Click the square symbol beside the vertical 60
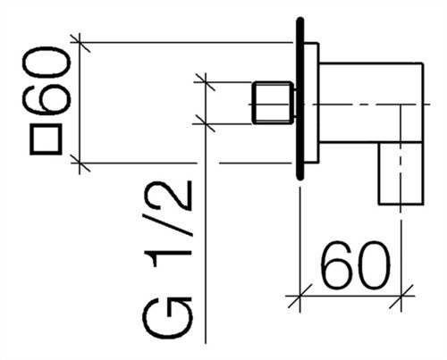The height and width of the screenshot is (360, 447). [x=46, y=139]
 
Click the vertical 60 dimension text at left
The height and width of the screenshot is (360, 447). [x=46, y=81]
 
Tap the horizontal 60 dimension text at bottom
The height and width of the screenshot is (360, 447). [x=356, y=265]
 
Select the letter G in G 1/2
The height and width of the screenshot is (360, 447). [x=167, y=318]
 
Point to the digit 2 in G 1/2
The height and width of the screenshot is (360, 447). [x=167, y=196]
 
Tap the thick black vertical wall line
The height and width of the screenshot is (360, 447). [x=300, y=99]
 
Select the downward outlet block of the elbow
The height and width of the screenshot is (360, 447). [x=401, y=173]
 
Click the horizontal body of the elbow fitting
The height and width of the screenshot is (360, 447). [x=371, y=103]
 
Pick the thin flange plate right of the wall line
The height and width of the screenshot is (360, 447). [x=311, y=103]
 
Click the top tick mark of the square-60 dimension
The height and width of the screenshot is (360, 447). [x=80, y=43]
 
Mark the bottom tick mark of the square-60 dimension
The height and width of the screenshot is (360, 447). [x=80, y=163]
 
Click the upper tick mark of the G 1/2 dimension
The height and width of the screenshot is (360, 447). [x=205, y=82]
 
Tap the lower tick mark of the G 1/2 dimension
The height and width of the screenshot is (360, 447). [x=205, y=123]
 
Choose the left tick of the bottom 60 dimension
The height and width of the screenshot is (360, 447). [x=299, y=296]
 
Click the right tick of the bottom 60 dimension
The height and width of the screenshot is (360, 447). [x=401, y=296]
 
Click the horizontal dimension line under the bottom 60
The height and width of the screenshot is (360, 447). [x=350, y=296]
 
